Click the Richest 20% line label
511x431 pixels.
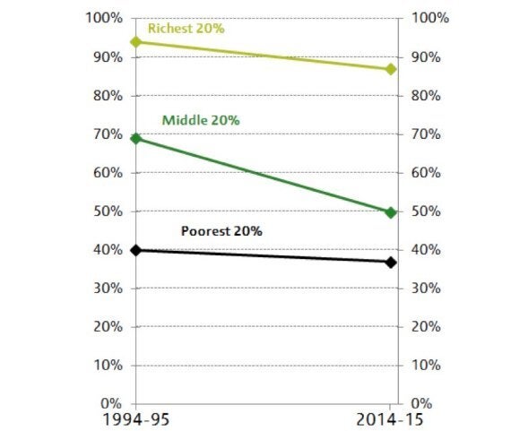point(186,29)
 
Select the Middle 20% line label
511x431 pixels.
point(201,120)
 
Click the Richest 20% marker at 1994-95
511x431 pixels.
point(135,41)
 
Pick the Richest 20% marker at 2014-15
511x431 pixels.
point(391,69)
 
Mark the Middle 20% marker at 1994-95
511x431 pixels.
point(135,138)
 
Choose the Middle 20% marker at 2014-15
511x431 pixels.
point(391,212)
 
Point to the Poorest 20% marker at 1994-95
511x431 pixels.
point(135,250)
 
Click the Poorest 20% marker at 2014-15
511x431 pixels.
point(391,262)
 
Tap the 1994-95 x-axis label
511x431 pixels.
point(135,420)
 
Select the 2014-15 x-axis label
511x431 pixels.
point(391,420)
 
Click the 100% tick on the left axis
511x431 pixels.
point(105,19)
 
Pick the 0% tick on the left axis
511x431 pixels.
point(112,404)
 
